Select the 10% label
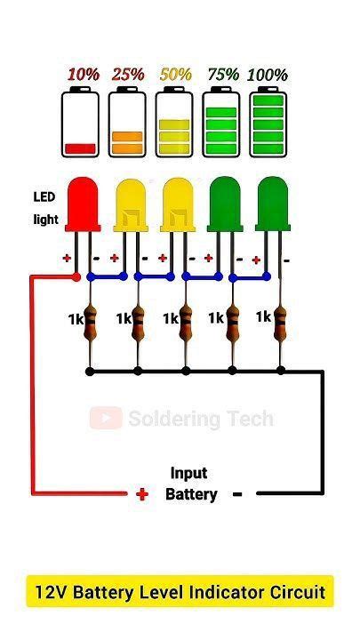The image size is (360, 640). pyautogui.click(x=83, y=76)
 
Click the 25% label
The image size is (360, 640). pyautogui.click(x=128, y=76)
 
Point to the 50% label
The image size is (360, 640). pyautogui.click(x=175, y=76)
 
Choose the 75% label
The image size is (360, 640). pyautogui.click(x=222, y=76)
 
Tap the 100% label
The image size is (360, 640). pyautogui.click(x=268, y=76)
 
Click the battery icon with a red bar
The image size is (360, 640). pyautogui.click(x=80, y=124)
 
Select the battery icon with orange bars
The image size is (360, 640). pyautogui.click(x=127, y=124)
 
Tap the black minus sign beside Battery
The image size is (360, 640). pyautogui.click(x=237, y=494)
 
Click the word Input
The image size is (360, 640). pyautogui.click(x=188, y=474)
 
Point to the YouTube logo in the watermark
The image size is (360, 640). pyautogui.click(x=106, y=418)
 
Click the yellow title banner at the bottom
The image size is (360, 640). pyautogui.click(x=180, y=591)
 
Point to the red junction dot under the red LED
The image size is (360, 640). pyautogui.click(x=76, y=276)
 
